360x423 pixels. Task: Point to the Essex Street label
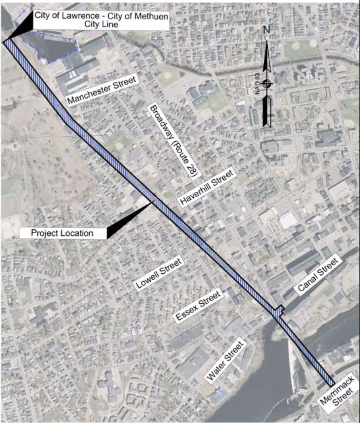point(197,306)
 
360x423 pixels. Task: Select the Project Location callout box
point(63,233)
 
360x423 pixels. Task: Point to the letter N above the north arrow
point(267,31)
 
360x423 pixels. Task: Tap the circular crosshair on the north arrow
point(267,84)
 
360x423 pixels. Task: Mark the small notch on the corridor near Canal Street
point(280,310)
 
